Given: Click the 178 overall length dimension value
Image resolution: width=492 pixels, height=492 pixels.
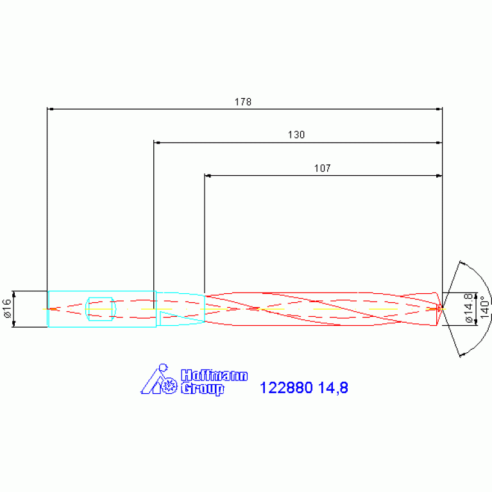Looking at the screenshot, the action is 243,102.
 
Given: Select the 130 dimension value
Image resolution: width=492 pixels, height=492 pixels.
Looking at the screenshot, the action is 296,135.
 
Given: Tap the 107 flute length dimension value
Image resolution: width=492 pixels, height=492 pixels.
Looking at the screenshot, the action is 323,169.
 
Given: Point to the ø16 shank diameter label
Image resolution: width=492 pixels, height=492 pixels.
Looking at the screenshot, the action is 7,309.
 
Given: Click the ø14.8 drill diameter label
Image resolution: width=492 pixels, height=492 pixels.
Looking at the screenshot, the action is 468,307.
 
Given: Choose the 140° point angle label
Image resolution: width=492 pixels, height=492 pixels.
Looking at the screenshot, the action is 484,307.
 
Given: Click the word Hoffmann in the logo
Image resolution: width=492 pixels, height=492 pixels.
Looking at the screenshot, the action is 214,376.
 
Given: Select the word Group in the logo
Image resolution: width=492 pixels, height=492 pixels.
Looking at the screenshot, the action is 203,389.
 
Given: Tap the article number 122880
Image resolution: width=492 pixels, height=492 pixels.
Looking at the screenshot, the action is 287,387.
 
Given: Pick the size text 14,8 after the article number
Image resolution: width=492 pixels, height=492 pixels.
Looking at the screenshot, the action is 333,388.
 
